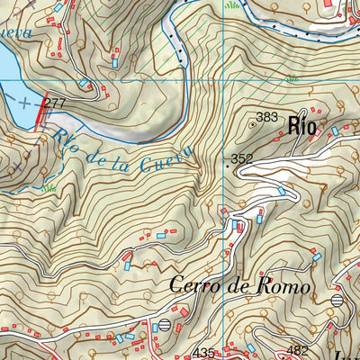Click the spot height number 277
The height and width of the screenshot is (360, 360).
(x=56, y=104)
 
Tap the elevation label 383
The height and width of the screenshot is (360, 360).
(x=267, y=117)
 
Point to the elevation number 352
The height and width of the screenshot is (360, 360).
(x=241, y=159)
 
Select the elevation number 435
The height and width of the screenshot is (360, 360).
(x=204, y=352)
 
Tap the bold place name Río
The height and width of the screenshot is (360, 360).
(x=302, y=126)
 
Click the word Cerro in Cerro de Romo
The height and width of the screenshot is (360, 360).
(x=193, y=286)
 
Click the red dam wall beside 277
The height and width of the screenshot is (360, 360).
(x=40, y=113)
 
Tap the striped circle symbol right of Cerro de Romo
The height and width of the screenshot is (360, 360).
(x=337, y=300)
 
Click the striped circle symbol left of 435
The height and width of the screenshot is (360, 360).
(x=164, y=326)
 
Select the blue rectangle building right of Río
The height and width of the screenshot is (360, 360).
(x=334, y=131)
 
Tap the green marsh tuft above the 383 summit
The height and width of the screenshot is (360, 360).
(x=292, y=79)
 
